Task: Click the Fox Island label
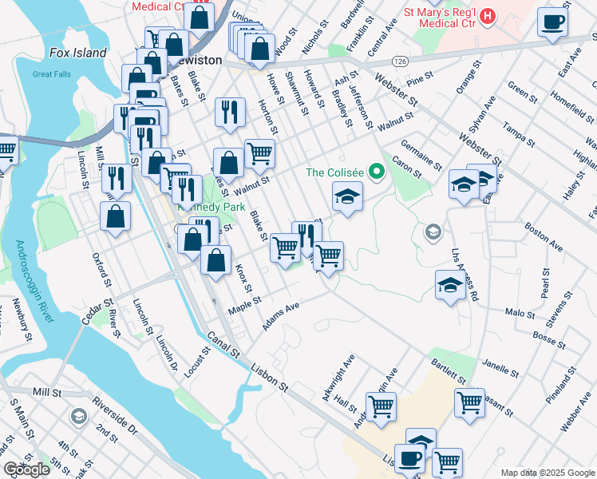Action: pyautogui.click(x=77, y=53)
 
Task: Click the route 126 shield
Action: pyautogui.click(x=400, y=61)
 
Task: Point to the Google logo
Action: pyautogui.click(x=26, y=469)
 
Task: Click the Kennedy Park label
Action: pyautogui.click(x=212, y=206)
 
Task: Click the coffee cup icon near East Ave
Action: pyautogui.click(x=552, y=22)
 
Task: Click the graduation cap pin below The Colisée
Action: pyautogui.click(x=347, y=196)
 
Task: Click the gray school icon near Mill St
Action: pyautogui.click(x=78, y=417)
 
